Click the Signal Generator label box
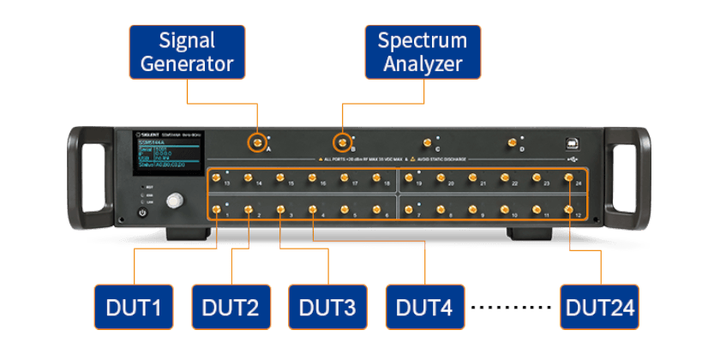pos(187,51)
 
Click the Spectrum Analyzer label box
pos(423,51)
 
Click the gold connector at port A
pos(255,142)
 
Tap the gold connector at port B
pos(342,141)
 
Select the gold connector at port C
pos(426,142)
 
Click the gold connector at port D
pos(512,142)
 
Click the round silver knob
pos(176,201)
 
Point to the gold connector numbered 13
pos(218,178)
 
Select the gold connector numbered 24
pos(569,178)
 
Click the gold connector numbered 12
pos(569,208)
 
